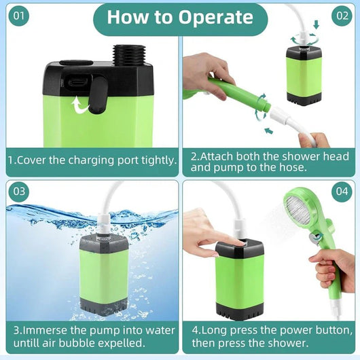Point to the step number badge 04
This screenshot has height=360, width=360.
(342, 192)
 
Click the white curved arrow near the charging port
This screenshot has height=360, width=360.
(81, 104)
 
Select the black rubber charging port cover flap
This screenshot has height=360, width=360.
(97, 93)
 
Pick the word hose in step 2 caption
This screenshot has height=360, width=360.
(287, 167)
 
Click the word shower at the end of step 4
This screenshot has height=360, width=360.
(285, 343)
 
